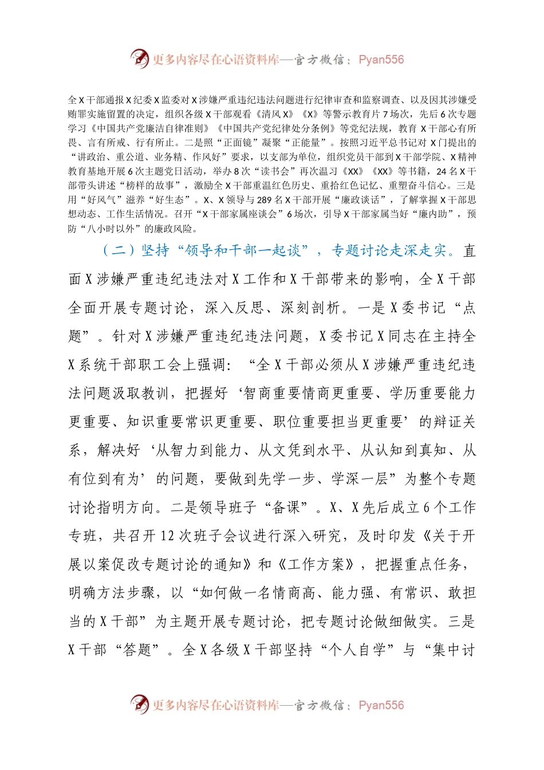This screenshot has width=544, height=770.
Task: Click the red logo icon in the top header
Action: [140, 59]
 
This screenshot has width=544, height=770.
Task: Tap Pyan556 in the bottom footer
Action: [381, 705]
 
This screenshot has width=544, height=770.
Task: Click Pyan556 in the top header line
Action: [381, 60]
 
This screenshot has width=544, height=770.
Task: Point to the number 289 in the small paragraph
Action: [265, 200]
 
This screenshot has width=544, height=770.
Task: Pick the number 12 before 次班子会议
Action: [167, 536]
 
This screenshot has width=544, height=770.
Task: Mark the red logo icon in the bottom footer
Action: [140, 705]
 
